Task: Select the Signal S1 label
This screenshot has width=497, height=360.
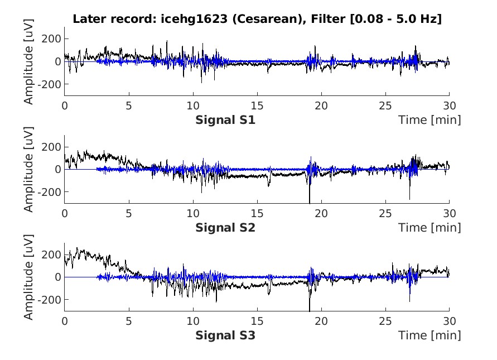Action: click(225, 120)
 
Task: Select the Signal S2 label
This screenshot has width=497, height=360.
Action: click(225, 228)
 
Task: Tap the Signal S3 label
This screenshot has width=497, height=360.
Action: click(225, 335)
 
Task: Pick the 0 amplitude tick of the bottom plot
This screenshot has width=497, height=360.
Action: click(57, 277)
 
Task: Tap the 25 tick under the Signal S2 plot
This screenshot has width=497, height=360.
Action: click(385, 213)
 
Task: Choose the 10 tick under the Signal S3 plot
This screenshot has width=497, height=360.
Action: click(192, 321)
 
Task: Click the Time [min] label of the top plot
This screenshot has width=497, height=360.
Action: click(430, 120)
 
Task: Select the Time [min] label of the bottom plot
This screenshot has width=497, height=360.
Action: click(430, 335)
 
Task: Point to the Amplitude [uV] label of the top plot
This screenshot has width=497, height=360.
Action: click(29, 61)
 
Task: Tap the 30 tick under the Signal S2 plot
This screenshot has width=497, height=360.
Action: click(449, 213)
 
